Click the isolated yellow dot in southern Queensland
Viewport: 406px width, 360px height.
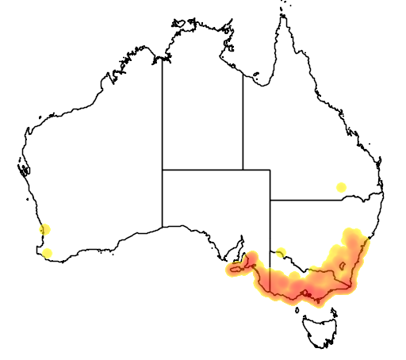341,187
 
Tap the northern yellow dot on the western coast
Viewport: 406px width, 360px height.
44,230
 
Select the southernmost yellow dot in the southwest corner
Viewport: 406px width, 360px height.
48,253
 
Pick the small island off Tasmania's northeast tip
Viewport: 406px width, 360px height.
338,312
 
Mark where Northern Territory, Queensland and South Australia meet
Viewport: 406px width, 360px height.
243,169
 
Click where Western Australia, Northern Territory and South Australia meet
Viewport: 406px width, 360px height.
163,169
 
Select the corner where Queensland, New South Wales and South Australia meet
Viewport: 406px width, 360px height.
270,200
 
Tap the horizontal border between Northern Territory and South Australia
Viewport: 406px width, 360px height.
202,169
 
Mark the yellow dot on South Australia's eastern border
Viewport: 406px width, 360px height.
280,253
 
